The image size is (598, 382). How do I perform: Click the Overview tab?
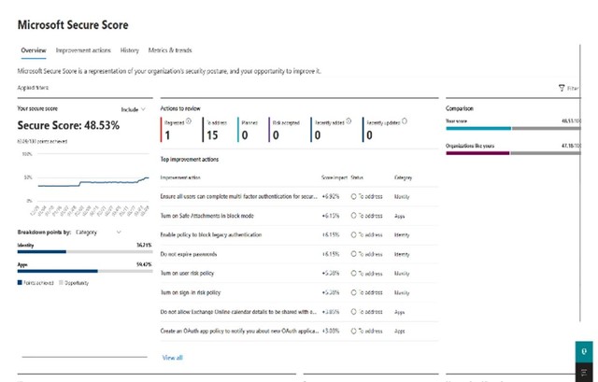coord(33,50)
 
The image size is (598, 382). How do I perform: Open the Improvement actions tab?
coord(84,50)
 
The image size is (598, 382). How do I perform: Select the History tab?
coord(130,50)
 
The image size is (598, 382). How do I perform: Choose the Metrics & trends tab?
coord(171,50)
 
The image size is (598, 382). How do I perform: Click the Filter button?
coord(568,88)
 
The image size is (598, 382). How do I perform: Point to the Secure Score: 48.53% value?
coord(68,125)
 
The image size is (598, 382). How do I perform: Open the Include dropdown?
coord(134,109)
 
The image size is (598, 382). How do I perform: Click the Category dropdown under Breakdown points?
coord(97,231)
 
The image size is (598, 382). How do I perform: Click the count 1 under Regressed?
coord(166,135)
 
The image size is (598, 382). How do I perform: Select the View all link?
coord(172,358)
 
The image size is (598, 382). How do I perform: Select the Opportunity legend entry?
coord(79,281)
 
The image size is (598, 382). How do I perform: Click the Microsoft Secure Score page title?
coord(73,24)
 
